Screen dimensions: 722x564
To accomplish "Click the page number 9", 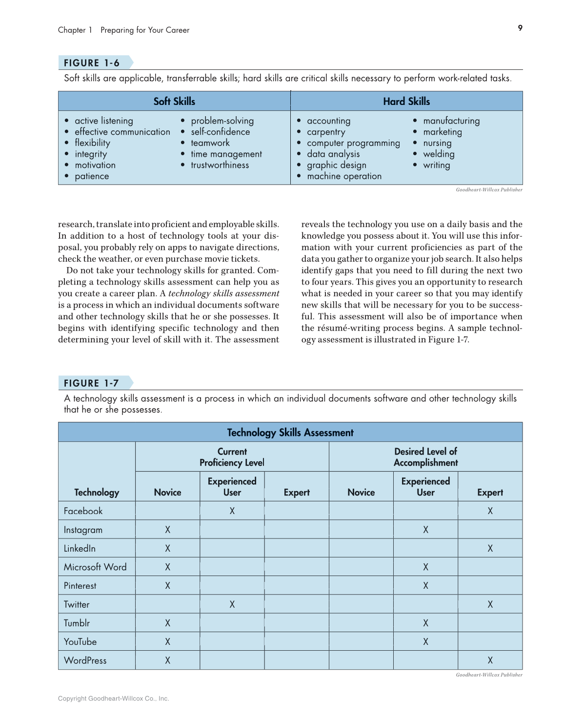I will pos(520,28).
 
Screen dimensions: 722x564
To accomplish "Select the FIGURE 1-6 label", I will pos(92,63).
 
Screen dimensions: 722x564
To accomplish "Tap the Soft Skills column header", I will pos(174,102).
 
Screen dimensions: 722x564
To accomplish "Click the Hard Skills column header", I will pos(406,102).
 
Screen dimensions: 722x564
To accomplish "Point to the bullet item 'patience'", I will pos(92,176).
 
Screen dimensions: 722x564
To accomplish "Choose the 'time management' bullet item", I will pos(226,154).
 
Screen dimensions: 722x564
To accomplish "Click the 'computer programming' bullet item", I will pos(353,143).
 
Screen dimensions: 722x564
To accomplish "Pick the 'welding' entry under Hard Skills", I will pos(439,154).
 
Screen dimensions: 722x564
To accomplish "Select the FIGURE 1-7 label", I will pos(91,383).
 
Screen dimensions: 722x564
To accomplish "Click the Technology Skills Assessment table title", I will pos(290,433).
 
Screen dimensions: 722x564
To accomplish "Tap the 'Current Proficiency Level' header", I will pos(232,457).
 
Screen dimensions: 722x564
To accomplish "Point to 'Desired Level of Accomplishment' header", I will pos(425,457).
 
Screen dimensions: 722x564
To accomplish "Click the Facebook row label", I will pos(83,511).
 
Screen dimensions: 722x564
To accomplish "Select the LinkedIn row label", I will pos(80,548).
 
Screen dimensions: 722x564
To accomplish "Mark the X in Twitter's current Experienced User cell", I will pos(232,604).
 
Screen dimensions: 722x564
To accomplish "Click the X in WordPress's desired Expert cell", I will pos(490,660).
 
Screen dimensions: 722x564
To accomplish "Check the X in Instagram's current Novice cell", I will pos(167,530).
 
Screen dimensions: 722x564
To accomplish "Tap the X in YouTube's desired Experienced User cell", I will pos(425,642).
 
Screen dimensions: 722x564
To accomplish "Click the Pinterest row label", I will pos(80,586).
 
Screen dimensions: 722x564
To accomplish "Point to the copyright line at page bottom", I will pos(113,699).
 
